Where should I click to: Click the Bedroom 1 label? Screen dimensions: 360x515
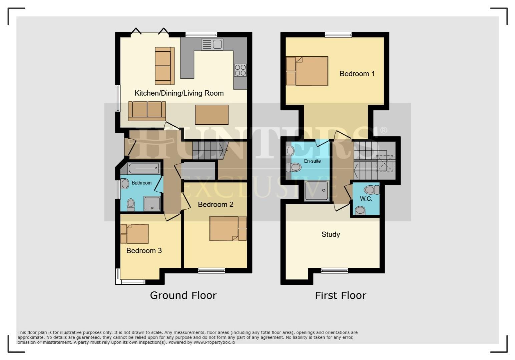click(357, 74)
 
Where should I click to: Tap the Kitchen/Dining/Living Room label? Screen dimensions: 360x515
click(179, 93)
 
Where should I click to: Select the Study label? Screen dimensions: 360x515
click(331, 234)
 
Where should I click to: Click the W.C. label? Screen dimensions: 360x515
click(366, 199)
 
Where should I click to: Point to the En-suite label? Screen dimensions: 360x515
click(312, 161)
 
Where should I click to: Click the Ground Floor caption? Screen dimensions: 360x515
click(183, 295)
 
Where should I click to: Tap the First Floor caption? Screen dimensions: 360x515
click(341, 295)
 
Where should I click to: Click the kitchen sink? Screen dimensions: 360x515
click(212, 44)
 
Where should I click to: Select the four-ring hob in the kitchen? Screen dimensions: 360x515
click(240, 70)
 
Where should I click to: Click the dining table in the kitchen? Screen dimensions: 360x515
click(212, 114)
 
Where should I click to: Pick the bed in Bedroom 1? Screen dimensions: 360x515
click(307, 71)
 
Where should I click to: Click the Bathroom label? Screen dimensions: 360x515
click(141, 183)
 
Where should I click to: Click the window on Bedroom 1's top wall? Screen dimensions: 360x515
click(338, 35)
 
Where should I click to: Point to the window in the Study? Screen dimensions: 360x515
click(334, 271)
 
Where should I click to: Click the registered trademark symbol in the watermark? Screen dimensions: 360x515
click(384, 130)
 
